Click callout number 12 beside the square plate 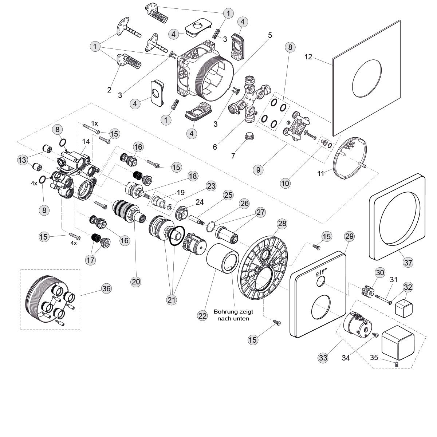(308, 57)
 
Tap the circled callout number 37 (408, 261)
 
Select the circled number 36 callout (107, 288)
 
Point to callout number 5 (270, 35)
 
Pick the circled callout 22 (202, 316)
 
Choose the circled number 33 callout (323, 358)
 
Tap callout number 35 (374, 357)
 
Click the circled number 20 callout (136, 281)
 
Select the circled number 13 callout (23, 159)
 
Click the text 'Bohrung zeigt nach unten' (233, 315)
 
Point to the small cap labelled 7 (250, 137)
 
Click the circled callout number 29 (349, 236)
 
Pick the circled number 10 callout (285, 183)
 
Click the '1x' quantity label (95, 123)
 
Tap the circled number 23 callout (211, 186)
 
